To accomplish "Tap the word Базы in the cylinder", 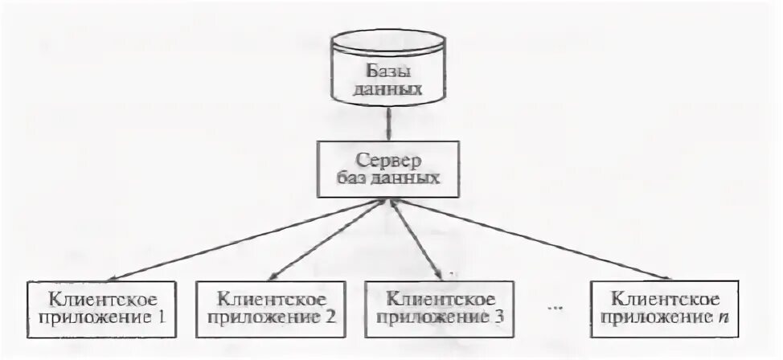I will pyautogui.click(x=389, y=69).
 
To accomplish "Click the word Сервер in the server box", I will pyautogui.click(x=390, y=159).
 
